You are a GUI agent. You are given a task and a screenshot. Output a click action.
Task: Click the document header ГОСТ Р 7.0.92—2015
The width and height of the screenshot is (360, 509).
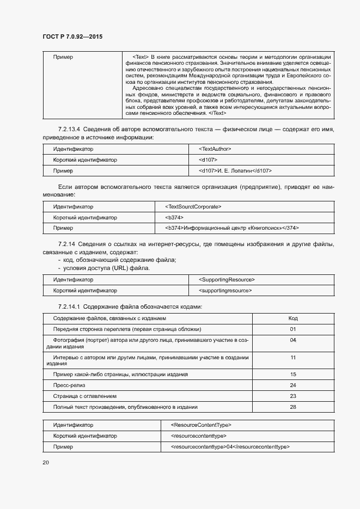pos(72,36)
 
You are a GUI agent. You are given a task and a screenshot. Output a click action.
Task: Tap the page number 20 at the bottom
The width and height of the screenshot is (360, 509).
pos(46,462)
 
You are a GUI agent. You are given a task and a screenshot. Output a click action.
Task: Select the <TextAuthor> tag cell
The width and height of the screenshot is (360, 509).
pos(215,149)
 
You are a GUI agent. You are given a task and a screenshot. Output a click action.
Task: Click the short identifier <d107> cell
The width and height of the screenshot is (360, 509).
pos(209,160)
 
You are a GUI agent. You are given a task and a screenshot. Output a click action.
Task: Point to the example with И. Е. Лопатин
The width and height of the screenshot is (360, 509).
pos(235,171)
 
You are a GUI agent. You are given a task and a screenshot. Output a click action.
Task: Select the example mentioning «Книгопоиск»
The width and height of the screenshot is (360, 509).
pos(231,229)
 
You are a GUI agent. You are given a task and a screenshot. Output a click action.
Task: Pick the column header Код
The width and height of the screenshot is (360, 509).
pos(293,318)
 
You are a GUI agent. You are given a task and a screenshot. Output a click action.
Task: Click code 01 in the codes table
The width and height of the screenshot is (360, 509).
pos(293,329)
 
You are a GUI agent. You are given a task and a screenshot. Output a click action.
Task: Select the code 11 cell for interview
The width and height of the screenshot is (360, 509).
pos(293,358)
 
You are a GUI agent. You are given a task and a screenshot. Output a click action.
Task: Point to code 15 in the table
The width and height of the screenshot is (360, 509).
pos(293,375)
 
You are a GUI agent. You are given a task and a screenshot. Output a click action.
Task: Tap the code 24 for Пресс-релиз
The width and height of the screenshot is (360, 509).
pos(293,385)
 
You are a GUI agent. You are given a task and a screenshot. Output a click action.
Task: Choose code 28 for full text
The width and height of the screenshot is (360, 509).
pos(293,407)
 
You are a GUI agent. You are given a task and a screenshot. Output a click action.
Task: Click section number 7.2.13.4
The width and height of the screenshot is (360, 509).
pos(69,129)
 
